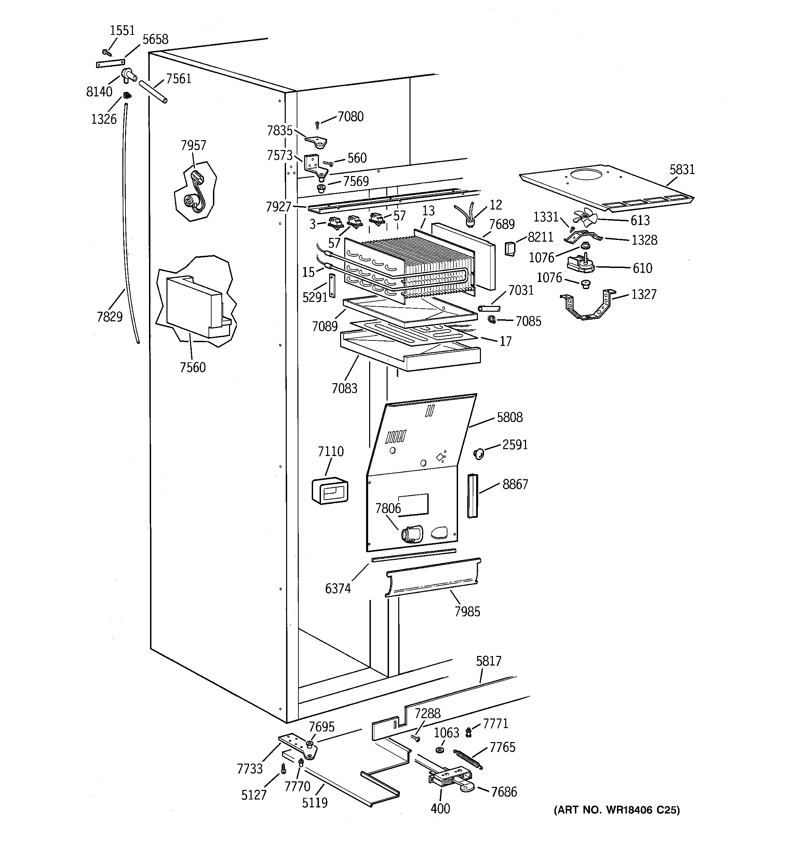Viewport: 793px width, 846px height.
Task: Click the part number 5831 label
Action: [682, 169]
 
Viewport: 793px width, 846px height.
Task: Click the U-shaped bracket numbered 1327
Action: [588, 307]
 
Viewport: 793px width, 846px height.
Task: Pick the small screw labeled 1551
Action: [106, 53]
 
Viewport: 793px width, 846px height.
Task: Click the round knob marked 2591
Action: [478, 454]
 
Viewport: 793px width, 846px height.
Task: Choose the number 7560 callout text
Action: [192, 367]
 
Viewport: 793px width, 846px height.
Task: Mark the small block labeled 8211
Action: [510, 249]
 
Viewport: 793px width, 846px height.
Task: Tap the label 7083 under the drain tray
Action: [344, 388]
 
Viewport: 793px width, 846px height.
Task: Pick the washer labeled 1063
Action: [440, 749]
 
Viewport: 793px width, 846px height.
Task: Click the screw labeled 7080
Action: [317, 125]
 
